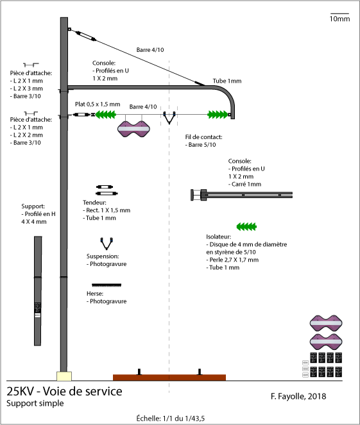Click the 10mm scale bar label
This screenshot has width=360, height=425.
tap(339, 19)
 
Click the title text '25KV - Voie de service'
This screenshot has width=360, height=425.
tap(64, 392)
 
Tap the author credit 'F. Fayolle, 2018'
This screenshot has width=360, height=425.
tap(298, 396)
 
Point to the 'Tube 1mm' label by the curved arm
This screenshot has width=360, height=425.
tap(227, 81)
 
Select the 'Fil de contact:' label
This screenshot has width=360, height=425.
tap(203, 137)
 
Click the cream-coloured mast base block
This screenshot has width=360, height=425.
tap(64, 376)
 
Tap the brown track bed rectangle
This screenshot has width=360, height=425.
tap(169, 378)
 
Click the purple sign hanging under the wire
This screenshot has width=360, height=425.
tap(133, 129)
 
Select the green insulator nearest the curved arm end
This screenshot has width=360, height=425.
tap(218, 115)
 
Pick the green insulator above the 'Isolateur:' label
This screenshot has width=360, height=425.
tap(246, 226)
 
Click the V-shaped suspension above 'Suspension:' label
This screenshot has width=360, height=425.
tap(107, 244)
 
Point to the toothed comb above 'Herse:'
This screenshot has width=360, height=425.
tap(107, 285)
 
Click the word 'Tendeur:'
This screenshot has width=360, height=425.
tap(94, 203)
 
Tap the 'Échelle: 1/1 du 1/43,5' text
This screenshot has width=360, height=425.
tap(170, 418)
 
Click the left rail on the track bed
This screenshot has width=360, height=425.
tap(139, 372)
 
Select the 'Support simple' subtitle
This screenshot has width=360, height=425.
tap(35, 403)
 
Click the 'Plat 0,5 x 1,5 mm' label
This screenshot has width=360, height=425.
tap(98, 104)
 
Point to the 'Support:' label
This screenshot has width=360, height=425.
tap(33, 206)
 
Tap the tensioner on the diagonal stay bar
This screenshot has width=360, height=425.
tap(85, 36)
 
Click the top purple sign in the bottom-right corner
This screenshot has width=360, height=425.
tap(326, 323)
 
